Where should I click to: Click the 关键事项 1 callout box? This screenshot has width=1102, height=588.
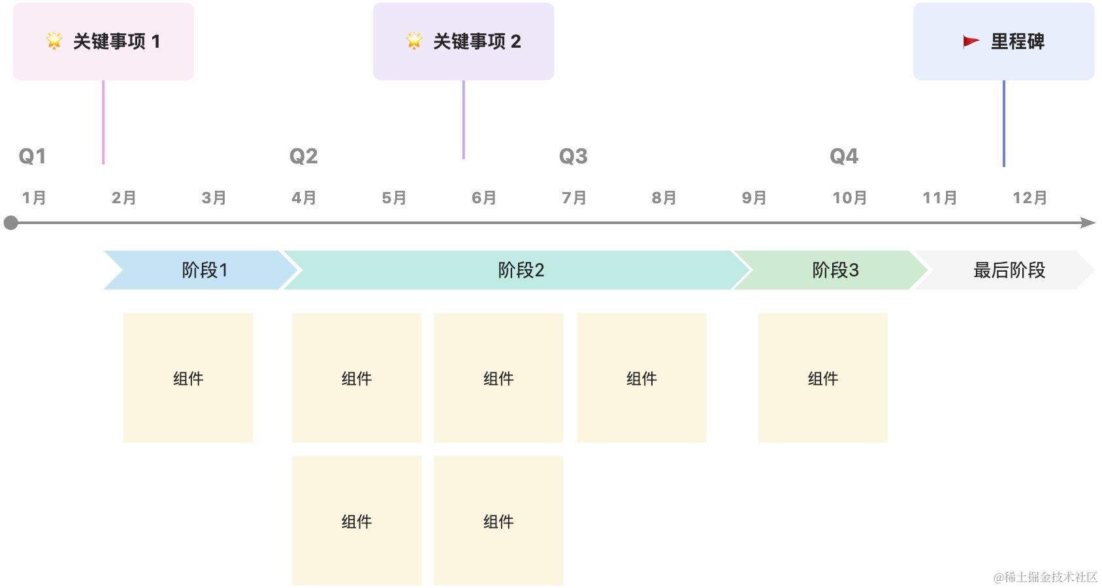[103, 41]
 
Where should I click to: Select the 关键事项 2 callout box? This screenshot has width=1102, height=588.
[463, 41]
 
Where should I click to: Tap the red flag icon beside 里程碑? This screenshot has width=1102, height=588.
[971, 42]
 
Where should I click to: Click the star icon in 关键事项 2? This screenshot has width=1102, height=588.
[414, 41]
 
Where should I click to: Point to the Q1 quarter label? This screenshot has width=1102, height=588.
[32, 156]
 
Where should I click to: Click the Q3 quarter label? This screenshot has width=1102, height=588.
[573, 156]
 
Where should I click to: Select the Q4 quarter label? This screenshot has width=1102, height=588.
[843, 156]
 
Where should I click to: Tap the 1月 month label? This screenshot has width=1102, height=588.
[34, 197]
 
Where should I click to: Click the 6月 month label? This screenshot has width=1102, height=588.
[484, 197]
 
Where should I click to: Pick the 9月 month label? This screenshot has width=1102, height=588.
[754, 197]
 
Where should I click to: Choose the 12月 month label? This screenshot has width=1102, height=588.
[1029, 197]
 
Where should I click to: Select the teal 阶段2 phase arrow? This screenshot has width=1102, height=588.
[520, 270]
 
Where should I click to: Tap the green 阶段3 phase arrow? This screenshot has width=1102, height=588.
[830, 270]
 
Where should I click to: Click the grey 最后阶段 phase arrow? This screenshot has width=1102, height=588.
[1006, 270]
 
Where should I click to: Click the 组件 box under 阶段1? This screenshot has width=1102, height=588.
[188, 378]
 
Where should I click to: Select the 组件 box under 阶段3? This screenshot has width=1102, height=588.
[822, 378]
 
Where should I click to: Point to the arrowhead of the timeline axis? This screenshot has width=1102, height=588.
[1089, 223]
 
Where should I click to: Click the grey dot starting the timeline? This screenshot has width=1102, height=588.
[10, 223]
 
